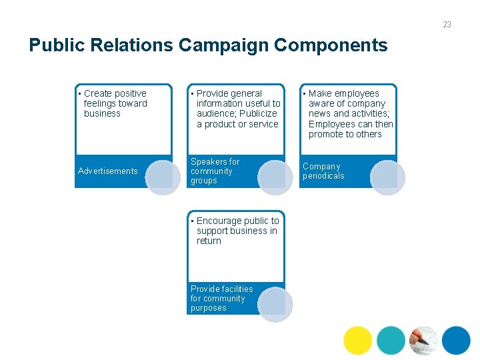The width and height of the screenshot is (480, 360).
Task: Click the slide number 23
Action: (447, 25)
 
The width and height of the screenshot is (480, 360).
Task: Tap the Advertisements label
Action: (108, 171)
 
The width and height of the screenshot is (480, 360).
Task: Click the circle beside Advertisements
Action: (163, 177)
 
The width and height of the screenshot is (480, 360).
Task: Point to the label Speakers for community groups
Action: (215, 171)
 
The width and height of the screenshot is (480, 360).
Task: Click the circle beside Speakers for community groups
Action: (275, 177)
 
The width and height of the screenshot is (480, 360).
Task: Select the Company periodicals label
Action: (323, 171)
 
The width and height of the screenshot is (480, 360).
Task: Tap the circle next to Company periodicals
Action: (387, 177)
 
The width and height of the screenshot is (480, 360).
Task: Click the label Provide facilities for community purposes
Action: (221, 299)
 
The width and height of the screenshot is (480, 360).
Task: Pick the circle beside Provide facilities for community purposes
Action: (275, 304)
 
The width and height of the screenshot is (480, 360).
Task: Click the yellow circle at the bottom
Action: (358, 341)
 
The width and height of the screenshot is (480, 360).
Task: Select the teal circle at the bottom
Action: (391, 341)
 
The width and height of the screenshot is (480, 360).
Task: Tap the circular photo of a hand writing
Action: (423, 341)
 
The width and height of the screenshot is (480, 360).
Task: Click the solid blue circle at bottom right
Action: (456, 341)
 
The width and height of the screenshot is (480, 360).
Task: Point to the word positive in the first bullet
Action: (131, 94)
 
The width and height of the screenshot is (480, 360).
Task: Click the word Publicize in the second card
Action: (258, 114)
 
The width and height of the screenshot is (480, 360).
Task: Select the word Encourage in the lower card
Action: (219, 221)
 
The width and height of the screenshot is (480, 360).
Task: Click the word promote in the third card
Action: (326, 135)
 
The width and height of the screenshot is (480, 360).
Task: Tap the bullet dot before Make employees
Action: (304, 94)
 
